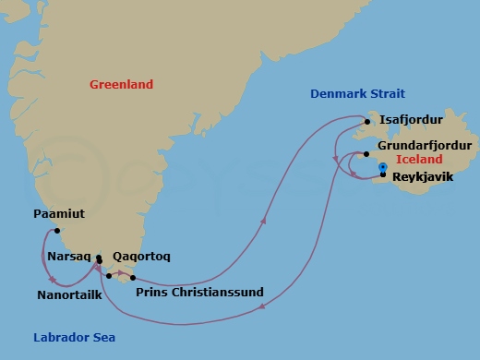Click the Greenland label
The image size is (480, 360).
click(121, 84)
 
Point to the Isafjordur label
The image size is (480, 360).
click(411, 120)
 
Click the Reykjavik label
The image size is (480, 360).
click(423, 175)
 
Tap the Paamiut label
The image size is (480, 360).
click(58, 214)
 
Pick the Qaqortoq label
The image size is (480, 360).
click(140, 256)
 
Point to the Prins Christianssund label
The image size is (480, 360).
click(199, 293)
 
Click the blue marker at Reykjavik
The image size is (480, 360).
click(382, 166)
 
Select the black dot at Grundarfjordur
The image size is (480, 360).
click(366, 153)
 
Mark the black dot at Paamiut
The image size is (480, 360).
click(57, 231)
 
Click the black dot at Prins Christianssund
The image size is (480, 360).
click(134, 277)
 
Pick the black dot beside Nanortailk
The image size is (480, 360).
click(109, 275)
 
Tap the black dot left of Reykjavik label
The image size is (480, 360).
click(382, 174)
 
